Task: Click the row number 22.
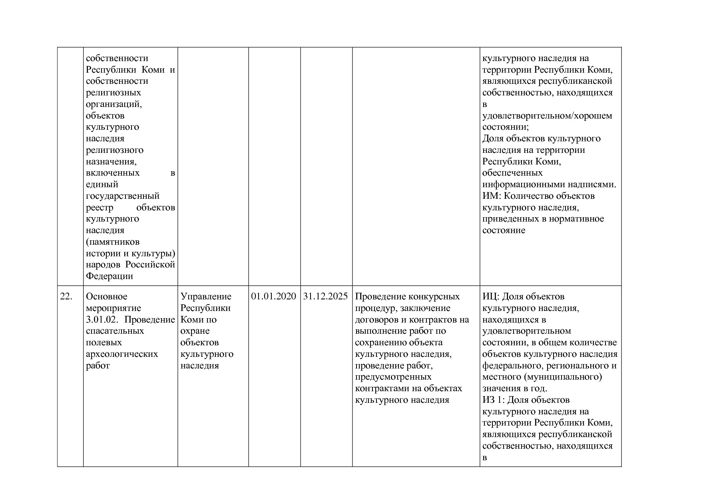(66, 297)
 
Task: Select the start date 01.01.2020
(274, 297)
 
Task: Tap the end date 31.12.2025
(326, 297)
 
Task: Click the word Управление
(206, 297)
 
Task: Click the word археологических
(122, 354)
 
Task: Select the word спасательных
(115, 331)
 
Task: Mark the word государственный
(123, 196)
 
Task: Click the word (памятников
(113, 242)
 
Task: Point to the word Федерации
(110, 276)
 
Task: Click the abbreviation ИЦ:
(491, 297)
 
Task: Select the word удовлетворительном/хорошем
(547, 116)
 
